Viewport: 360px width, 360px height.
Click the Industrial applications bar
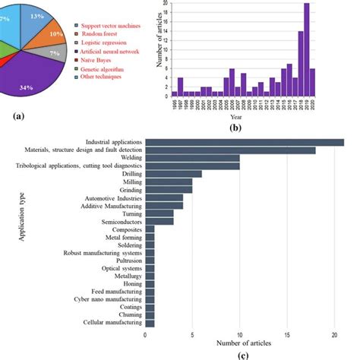coord(244,142)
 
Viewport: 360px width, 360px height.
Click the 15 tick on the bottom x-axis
coord(287,335)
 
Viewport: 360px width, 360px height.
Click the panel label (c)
coord(243,354)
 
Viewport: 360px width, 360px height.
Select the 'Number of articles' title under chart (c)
coord(243,344)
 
